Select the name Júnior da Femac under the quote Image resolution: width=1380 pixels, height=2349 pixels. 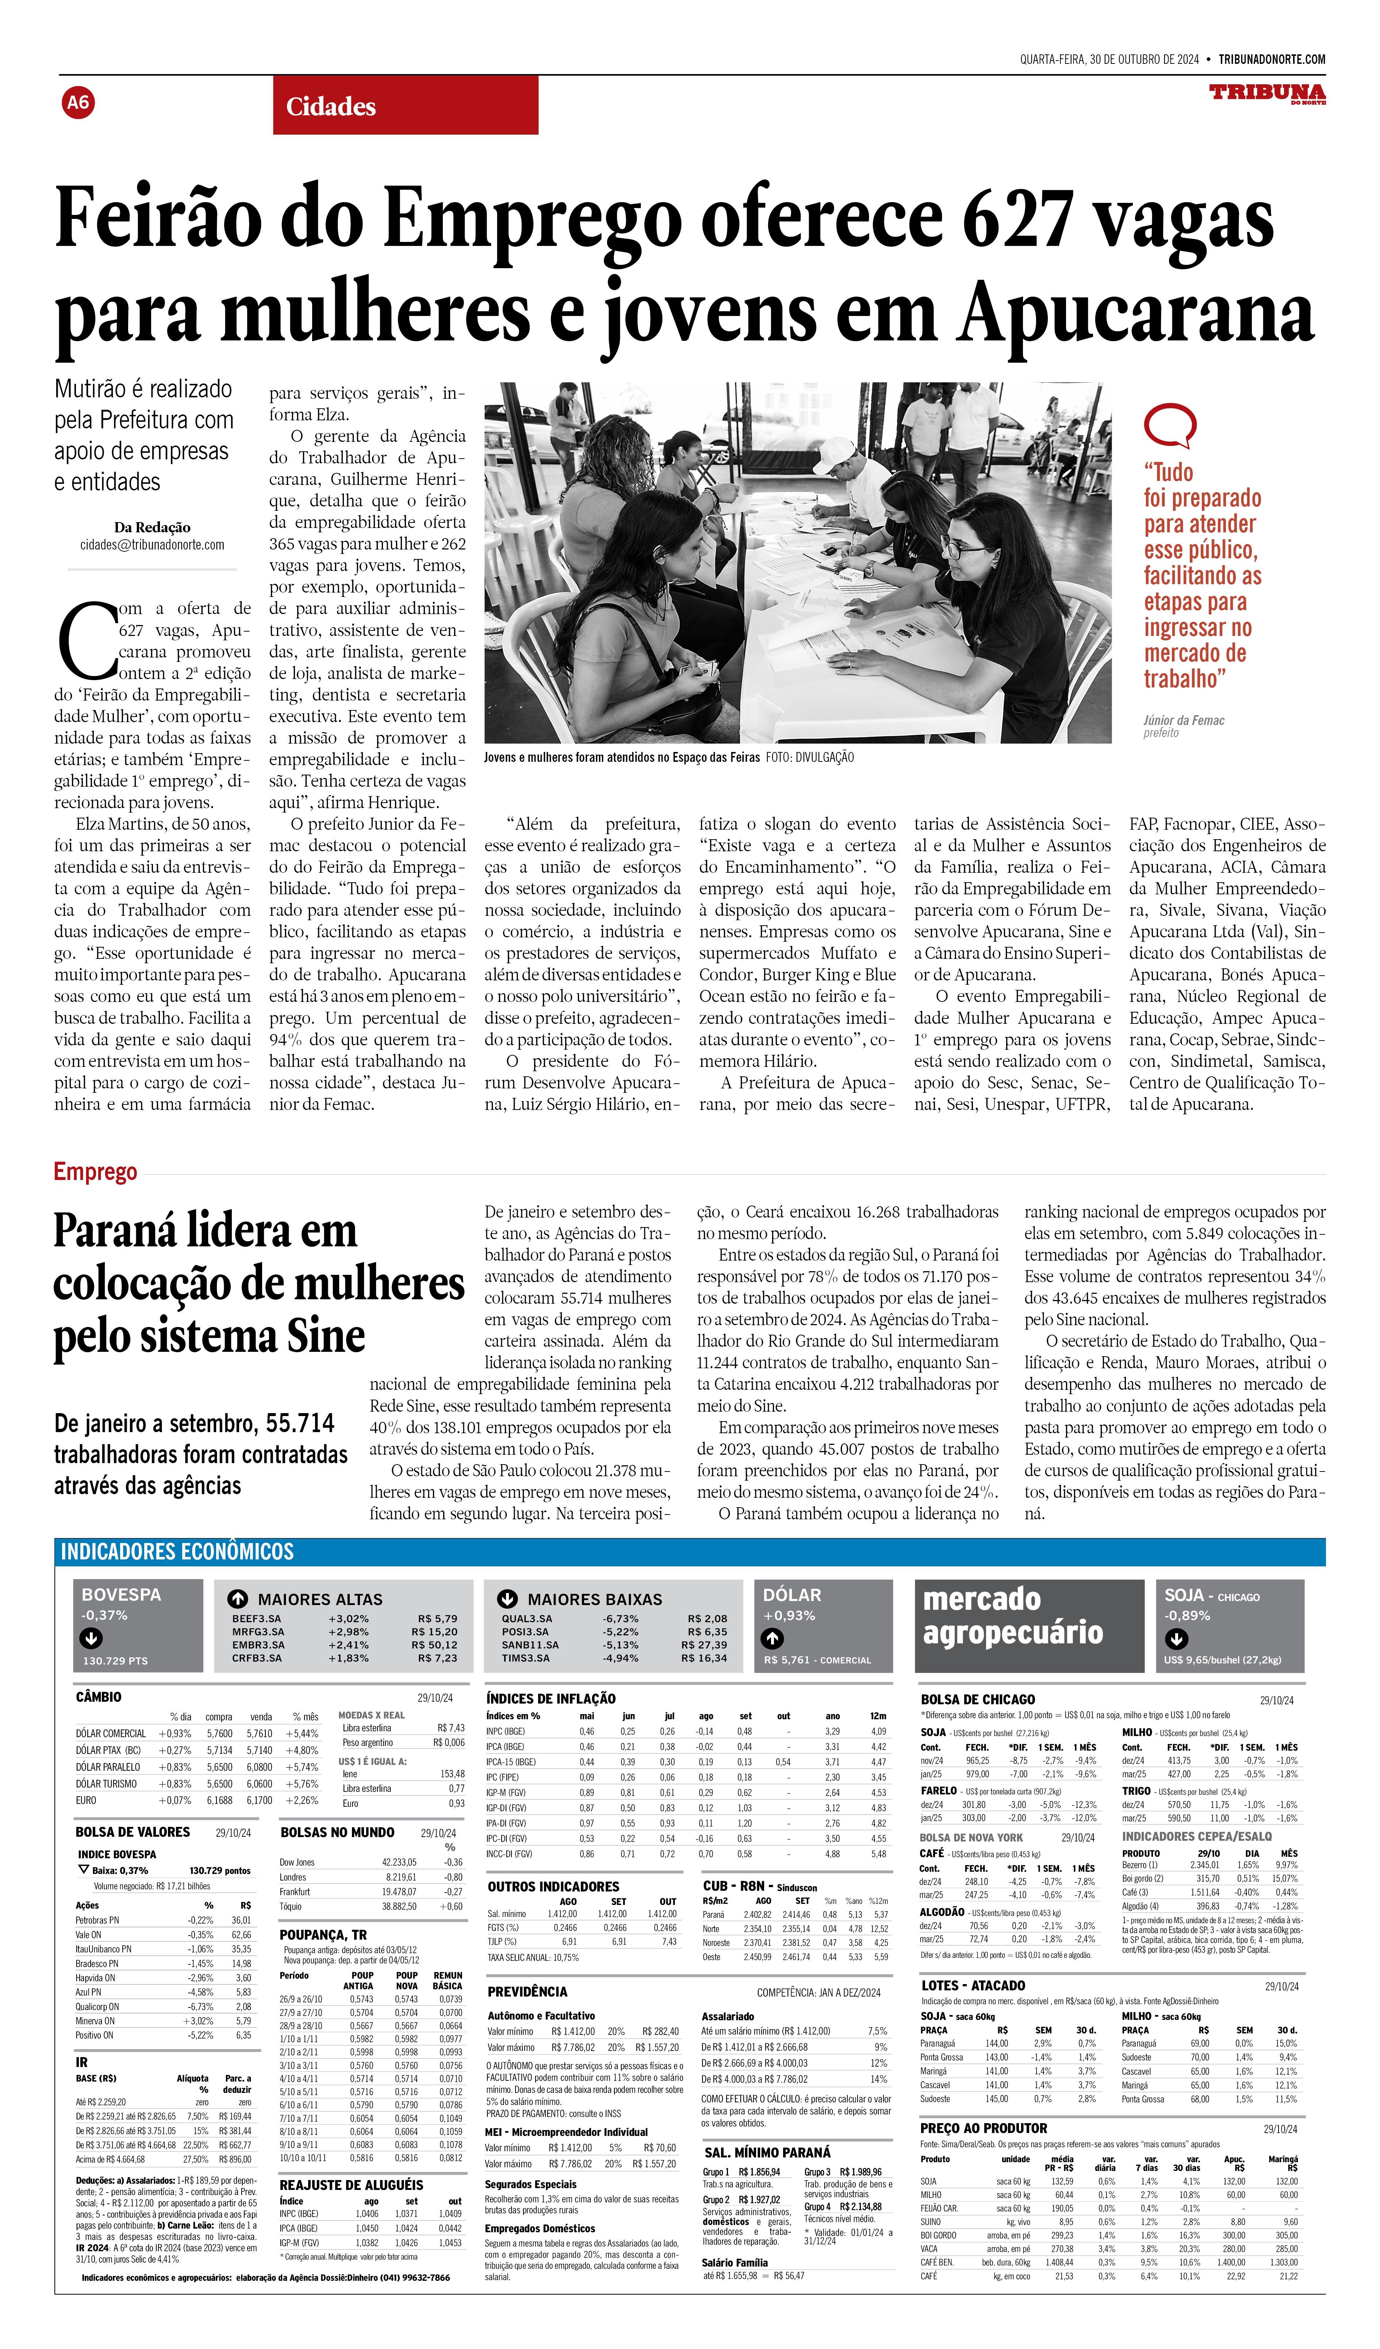pyautogui.click(x=1183, y=721)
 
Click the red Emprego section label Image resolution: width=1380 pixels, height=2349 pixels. pyautogui.click(x=95, y=1172)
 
